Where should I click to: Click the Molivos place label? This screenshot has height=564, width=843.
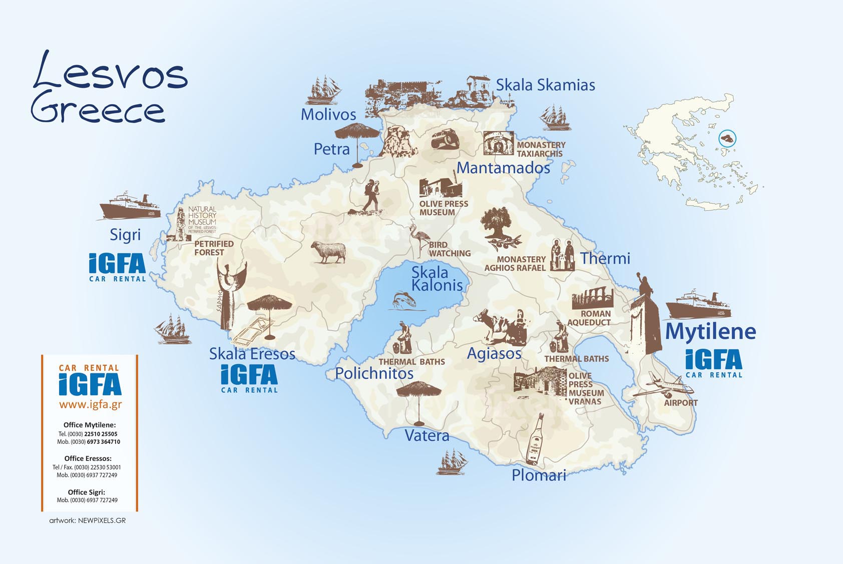pos(328,115)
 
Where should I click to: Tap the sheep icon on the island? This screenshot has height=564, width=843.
pos(328,252)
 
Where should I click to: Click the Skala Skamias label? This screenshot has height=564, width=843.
pos(545,85)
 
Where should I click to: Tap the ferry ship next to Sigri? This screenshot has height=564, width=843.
pos(130,206)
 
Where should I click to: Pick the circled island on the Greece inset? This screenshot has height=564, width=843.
pos(727,138)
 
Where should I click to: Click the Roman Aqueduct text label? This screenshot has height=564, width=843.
pos(590,318)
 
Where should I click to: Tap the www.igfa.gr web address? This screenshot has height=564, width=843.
pos(90,404)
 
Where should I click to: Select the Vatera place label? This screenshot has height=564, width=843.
pos(427,435)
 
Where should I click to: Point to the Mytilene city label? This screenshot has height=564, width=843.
pos(710,331)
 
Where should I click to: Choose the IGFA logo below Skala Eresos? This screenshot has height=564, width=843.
pos(249,378)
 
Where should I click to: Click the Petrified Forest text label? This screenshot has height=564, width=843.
pos(214,248)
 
